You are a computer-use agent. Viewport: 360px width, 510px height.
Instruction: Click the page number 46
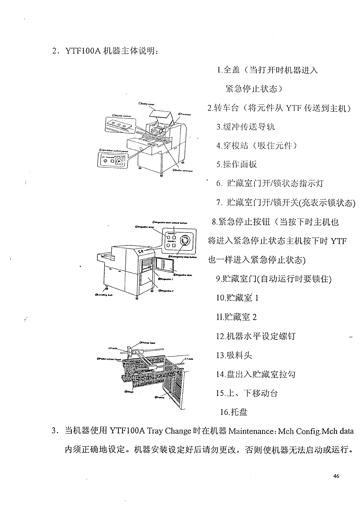point(336,476)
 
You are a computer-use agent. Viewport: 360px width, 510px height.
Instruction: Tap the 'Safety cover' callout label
point(147,104)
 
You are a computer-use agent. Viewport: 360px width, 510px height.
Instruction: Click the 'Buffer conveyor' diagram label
point(183,171)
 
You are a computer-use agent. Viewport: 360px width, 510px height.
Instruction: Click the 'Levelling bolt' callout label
point(104,295)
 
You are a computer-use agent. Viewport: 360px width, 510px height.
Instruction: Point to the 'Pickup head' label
point(148,343)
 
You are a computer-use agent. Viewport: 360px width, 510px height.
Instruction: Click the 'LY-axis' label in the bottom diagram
point(189,359)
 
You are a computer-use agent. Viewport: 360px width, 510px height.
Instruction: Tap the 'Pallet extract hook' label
point(109,359)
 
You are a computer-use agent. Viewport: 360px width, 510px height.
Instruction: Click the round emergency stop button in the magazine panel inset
point(184,241)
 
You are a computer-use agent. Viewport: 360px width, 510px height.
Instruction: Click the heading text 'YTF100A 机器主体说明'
point(111,51)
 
